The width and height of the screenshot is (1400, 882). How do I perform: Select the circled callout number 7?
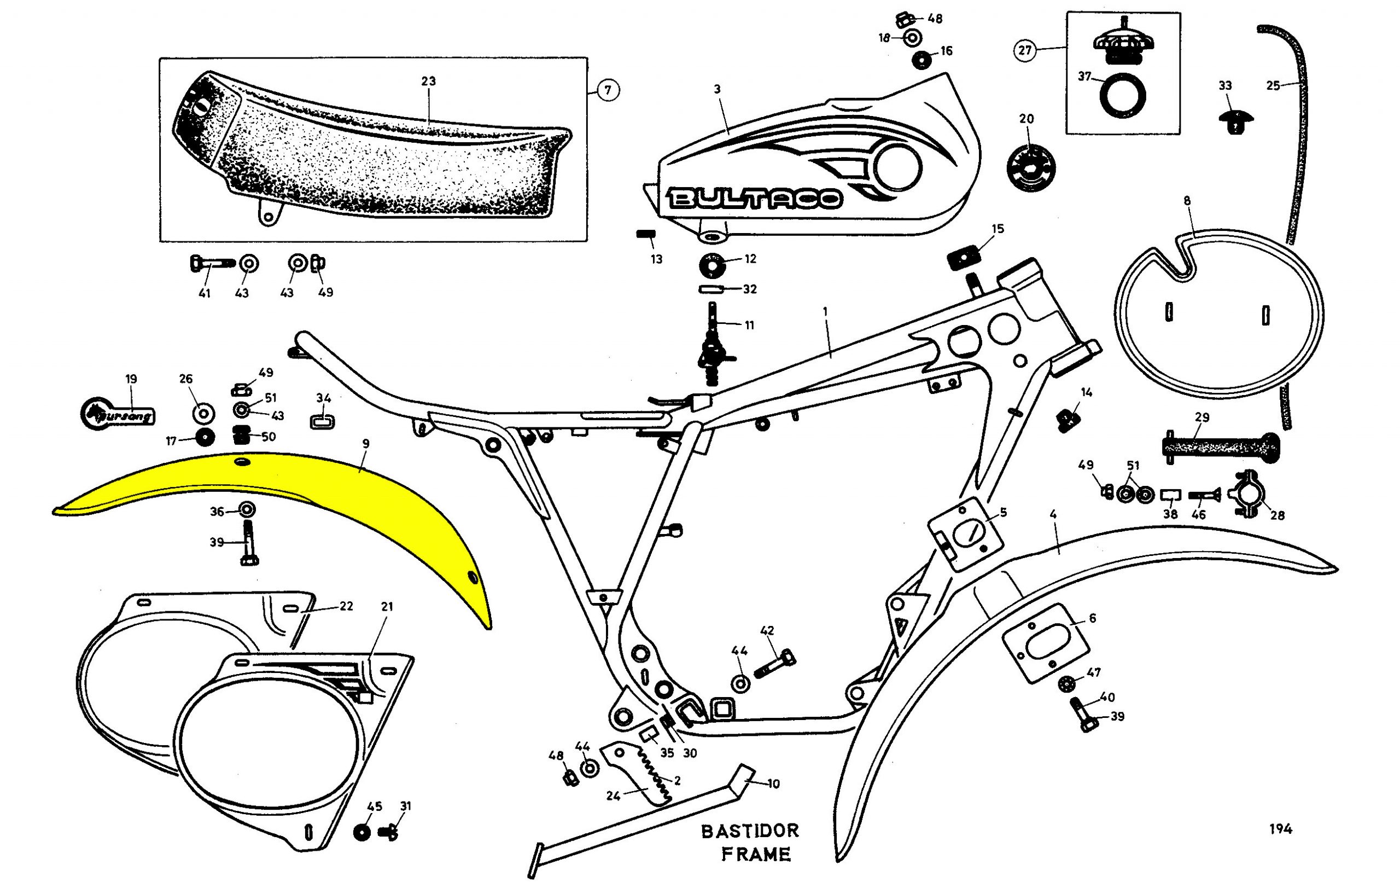pos(608,90)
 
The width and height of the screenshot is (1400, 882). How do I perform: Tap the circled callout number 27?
pos(1024,50)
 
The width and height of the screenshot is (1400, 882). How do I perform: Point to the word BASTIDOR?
pos(750,831)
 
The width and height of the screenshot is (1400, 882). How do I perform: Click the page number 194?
pos(1280,829)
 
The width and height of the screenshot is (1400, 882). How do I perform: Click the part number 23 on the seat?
pos(429,82)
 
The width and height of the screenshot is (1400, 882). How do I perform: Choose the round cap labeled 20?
pos(1030,166)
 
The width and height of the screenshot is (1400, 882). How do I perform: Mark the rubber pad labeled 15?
pos(963,257)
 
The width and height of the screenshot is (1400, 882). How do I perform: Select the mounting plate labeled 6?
pos(1045,643)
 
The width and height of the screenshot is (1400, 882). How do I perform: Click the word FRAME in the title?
pos(756,855)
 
